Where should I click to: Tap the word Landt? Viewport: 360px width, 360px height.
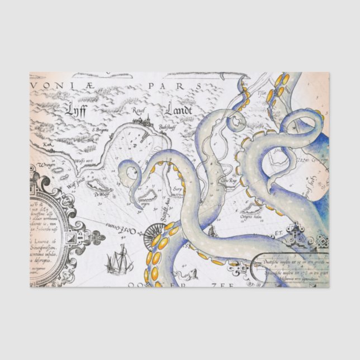click(178, 110)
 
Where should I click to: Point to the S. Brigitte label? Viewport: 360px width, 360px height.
click(101, 130)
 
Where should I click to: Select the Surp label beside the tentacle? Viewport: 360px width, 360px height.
click(178, 189)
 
